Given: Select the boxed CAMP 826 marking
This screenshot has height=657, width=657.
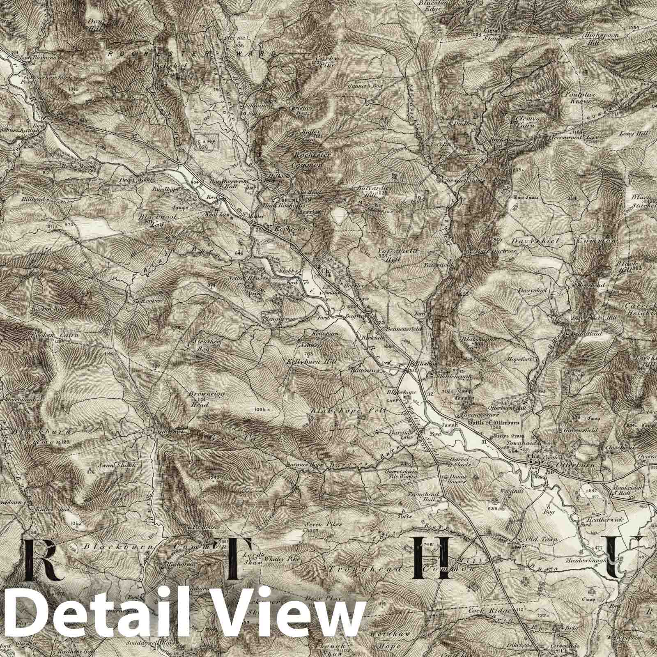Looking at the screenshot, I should click(x=207, y=143).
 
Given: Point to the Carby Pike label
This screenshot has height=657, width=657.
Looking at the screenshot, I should click(x=327, y=61).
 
